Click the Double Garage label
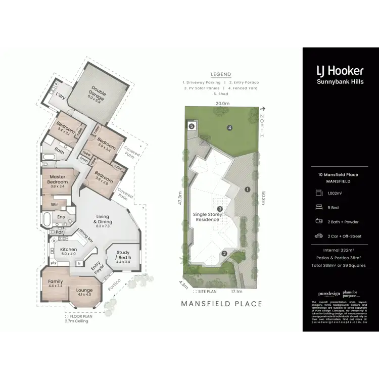[x=96, y=93]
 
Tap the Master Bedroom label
[x=58, y=179]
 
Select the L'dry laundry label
[x=61, y=96]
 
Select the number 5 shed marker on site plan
[x=192, y=126]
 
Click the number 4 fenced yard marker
[x=229, y=127]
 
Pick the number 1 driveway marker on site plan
[x=247, y=189]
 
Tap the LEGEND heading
[x=221, y=74]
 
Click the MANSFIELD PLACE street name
[x=221, y=304]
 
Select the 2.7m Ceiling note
[x=76, y=320]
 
